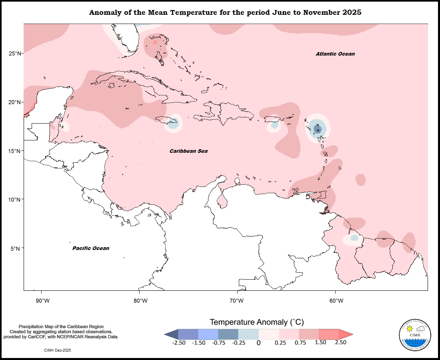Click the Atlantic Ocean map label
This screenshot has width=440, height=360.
click(x=335, y=54)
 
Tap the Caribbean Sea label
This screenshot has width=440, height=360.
click(x=188, y=151)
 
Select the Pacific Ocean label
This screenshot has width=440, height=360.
click(x=90, y=248)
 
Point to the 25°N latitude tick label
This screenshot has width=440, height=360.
click(x=15, y=54)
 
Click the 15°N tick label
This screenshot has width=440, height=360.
click(x=15, y=151)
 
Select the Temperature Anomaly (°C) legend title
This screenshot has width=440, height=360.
click(x=257, y=322)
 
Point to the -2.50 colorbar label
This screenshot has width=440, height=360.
click(x=178, y=342)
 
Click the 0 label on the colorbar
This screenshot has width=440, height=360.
click(x=258, y=343)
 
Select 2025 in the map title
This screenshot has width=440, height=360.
click(x=352, y=12)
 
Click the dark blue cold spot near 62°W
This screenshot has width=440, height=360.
click(x=318, y=129)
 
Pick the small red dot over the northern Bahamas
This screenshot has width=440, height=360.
click(x=155, y=42)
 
